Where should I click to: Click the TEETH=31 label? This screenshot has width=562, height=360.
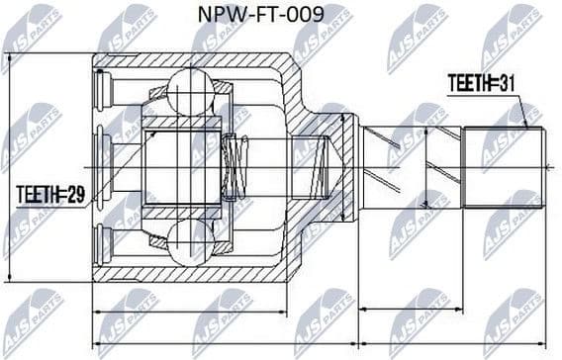click(x=481, y=83)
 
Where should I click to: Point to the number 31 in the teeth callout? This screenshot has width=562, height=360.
click(x=506, y=83)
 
